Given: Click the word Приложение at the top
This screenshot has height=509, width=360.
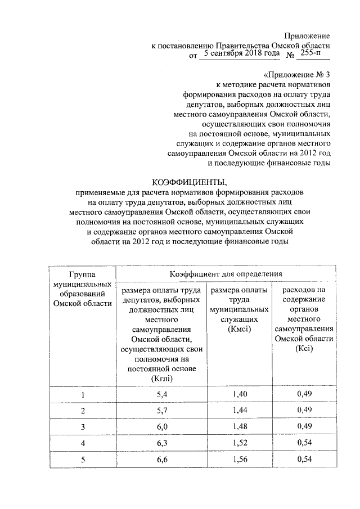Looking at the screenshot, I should tap(307, 35).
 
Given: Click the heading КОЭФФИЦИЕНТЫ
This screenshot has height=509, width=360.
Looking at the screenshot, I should tap(188, 182).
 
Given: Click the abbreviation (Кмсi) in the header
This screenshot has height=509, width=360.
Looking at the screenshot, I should tap(239, 329).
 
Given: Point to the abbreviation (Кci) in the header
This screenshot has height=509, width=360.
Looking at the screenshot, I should tap(304, 349).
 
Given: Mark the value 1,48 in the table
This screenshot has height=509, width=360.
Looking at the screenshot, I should tap(240, 427).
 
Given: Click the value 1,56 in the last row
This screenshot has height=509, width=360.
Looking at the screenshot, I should tap(240, 460).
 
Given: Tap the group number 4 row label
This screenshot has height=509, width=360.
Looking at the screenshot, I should tap(83, 444).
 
